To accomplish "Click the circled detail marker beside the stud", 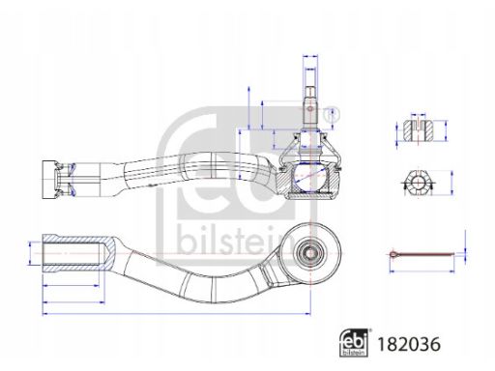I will tap(332, 113).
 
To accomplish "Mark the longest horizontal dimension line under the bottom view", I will tap(174, 315).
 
